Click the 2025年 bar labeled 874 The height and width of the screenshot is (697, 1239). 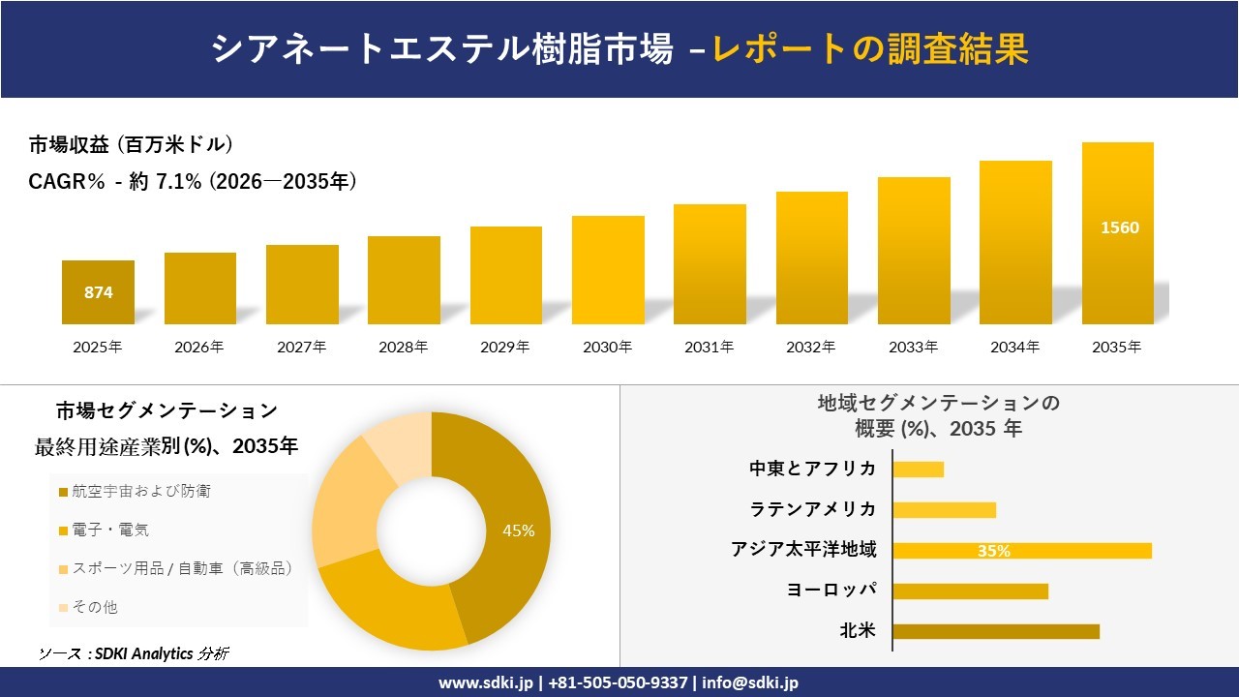(x=98, y=292)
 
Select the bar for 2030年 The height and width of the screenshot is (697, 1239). (x=608, y=270)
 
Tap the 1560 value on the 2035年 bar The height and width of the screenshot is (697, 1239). (x=1119, y=228)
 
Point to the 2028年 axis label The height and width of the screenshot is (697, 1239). (x=404, y=347)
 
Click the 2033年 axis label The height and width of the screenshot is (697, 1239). (x=913, y=347)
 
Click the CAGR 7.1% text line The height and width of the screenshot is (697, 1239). (x=193, y=181)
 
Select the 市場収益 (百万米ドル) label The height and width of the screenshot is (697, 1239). (x=131, y=145)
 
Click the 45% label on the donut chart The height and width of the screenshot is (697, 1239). (x=518, y=530)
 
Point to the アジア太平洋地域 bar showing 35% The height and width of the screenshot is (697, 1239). (x=1021, y=551)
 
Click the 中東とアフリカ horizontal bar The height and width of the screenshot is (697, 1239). (x=918, y=470)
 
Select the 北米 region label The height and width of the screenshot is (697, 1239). (x=858, y=631)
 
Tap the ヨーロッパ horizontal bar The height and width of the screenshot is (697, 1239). (x=970, y=591)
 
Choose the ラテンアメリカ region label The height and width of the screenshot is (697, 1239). (x=813, y=509)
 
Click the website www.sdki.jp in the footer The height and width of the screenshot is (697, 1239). (x=485, y=682)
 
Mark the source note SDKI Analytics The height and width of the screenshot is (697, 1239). (x=135, y=653)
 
